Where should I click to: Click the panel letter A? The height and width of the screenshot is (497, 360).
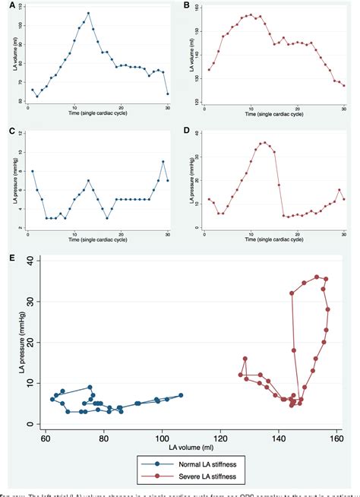pos(4,5)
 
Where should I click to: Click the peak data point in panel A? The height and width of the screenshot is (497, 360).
pos(88,13)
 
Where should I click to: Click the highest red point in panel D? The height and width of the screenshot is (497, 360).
pos(264,142)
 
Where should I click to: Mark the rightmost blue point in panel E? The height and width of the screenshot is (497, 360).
pos(181,394)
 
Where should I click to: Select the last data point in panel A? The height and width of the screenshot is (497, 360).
pos(168,94)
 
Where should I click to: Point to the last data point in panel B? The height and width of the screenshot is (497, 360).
pos(344,86)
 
